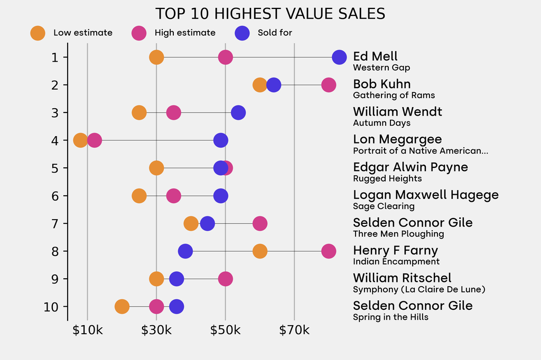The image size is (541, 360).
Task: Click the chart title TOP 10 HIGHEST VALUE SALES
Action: pos(270,14)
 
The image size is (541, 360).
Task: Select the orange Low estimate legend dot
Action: pos(38,33)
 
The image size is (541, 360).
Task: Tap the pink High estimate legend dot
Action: pos(139,33)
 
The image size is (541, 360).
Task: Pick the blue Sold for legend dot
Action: pos(242,33)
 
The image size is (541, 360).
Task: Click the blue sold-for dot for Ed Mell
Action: pos(339,57)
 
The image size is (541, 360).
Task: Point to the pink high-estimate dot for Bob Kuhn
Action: pos(329,85)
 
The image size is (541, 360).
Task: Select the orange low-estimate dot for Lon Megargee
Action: pos(80,140)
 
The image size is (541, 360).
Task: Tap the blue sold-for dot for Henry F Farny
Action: pos(185,251)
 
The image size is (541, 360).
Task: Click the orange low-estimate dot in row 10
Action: pos(122,307)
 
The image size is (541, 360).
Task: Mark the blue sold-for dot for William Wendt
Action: pos(238,112)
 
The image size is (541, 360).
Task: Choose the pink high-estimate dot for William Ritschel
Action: pos(226,279)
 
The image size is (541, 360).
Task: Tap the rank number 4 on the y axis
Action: pos(55,140)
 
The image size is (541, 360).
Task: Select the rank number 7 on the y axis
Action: pos(55,223)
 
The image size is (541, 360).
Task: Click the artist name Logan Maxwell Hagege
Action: pos(426,195)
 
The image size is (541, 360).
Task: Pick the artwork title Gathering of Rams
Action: pos(394,96)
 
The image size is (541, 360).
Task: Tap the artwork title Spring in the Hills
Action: pos(390,317)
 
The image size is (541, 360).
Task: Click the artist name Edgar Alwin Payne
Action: pos(411,167)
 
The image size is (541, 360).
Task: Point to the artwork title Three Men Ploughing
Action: pos(398,234)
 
